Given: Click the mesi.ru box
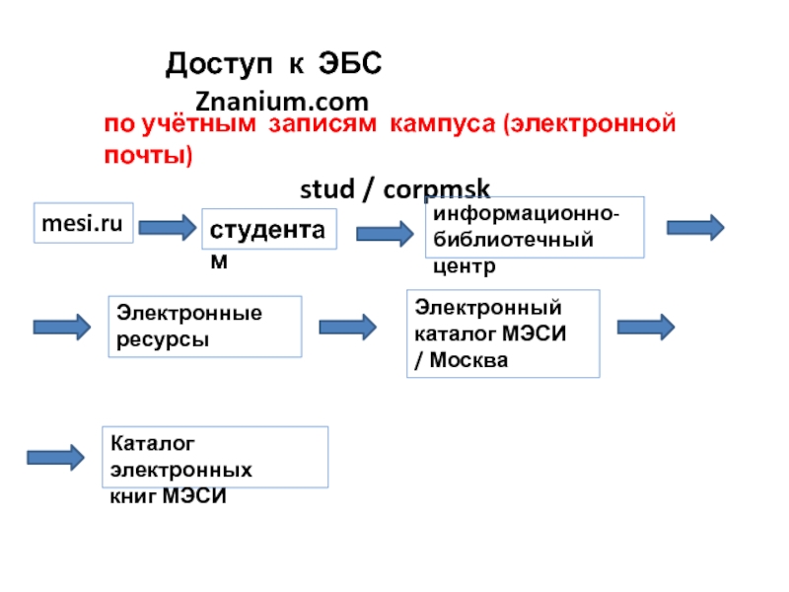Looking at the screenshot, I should [84, 225].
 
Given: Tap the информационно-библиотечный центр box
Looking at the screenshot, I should [535, 228].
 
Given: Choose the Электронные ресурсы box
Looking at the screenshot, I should [204, 326].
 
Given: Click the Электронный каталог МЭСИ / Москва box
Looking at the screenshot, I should [503, 333].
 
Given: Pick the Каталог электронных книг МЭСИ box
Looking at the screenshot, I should [215, 456].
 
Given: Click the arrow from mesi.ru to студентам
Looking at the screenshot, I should [168, 228].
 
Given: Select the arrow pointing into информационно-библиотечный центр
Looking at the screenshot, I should [385, 233].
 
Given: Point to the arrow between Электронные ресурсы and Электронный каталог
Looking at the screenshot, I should [348, 326].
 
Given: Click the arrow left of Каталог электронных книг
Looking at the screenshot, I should [55, 457].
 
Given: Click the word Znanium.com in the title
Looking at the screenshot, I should [282, 101].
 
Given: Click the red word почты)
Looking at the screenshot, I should [149, 156].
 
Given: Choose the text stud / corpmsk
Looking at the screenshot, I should [394, 189].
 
